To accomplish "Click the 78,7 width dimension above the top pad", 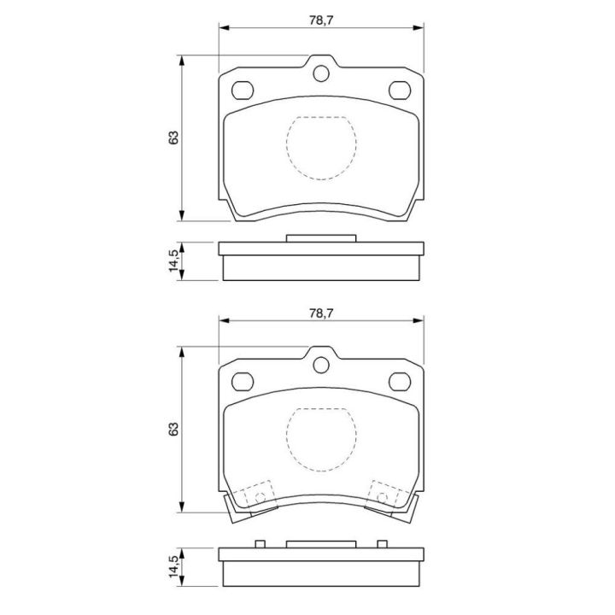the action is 321,20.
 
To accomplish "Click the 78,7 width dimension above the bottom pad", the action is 321,313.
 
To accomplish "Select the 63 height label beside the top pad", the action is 173,138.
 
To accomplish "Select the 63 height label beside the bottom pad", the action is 173,429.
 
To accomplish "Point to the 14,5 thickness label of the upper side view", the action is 173,261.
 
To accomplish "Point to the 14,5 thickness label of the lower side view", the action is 173,566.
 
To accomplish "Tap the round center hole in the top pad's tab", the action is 321,73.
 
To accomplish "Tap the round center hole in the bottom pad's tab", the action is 321,366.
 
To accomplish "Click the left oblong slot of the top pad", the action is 243,91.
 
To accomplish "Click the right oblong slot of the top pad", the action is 400,91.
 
